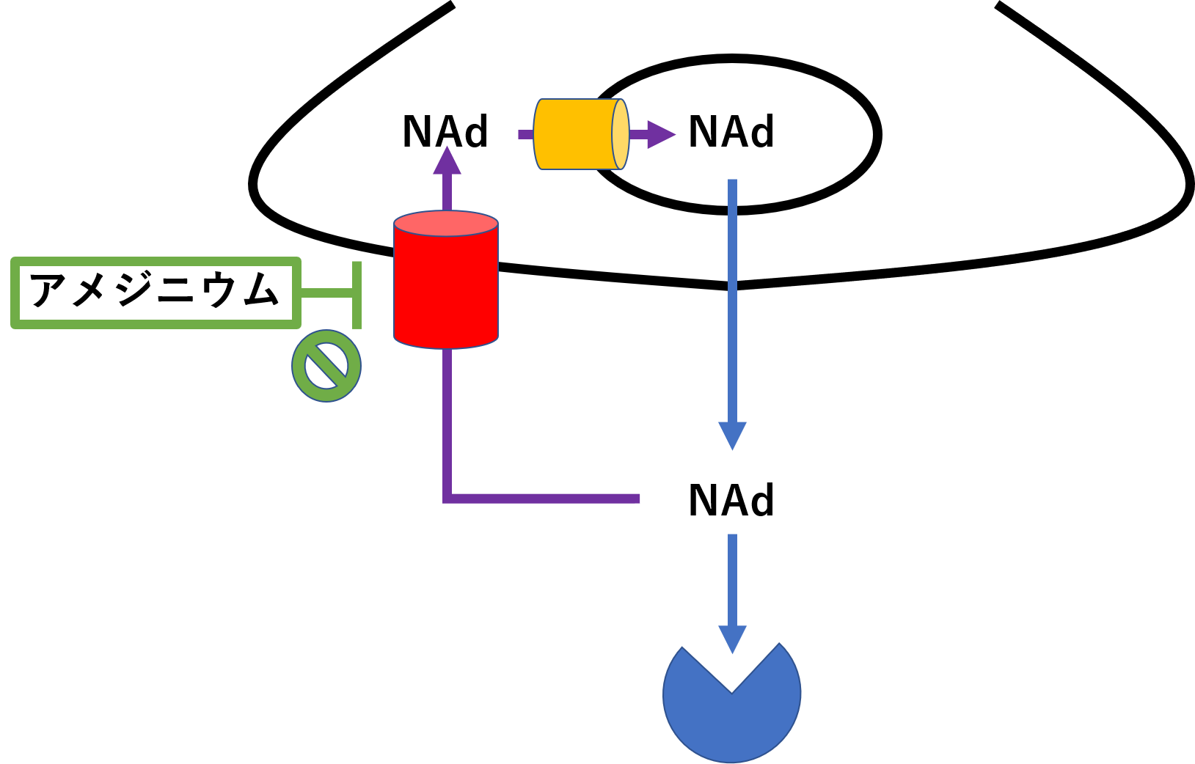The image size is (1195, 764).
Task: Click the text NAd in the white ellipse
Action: pos(731,133)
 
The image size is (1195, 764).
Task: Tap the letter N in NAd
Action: pos(701,133)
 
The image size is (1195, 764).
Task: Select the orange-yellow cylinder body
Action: pos(574,134)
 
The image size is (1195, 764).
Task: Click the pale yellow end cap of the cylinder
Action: pos(621,134)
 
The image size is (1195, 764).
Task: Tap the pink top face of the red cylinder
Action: pos(446,224)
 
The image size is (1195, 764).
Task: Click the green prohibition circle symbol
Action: pos(326,366)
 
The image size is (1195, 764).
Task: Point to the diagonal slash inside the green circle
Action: pos(326,366)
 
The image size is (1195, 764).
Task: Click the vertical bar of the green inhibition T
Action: pos(357,295)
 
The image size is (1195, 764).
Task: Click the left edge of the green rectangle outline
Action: pos(15,293)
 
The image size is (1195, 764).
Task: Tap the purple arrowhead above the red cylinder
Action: pos(447,161)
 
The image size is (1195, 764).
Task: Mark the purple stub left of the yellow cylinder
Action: pos(525,134)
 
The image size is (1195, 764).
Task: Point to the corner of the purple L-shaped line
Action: pos(447,499)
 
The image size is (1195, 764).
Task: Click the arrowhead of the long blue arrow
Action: pos(732,435)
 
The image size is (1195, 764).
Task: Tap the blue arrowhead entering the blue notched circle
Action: pos(732,639)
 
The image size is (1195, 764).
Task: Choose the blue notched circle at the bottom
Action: pos(731,715)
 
